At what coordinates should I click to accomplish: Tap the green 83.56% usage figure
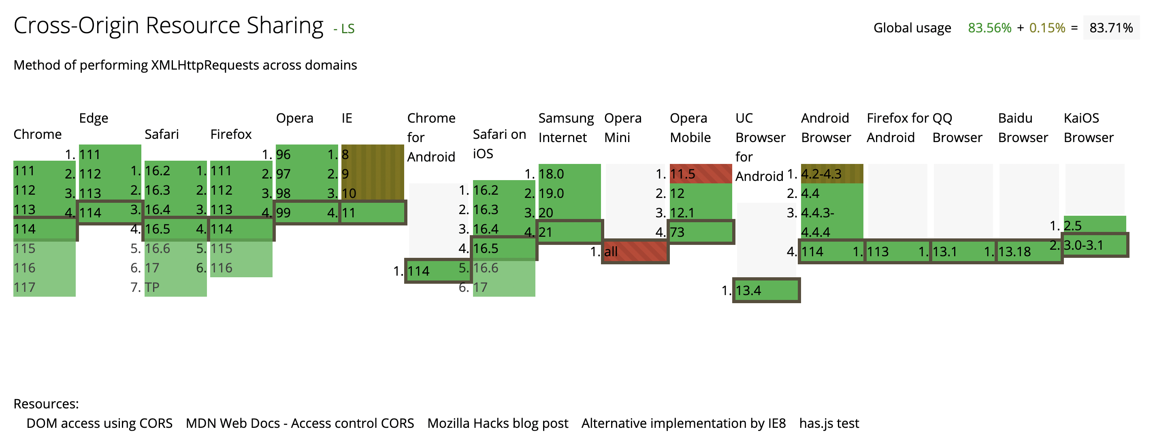click(x=989, y=28)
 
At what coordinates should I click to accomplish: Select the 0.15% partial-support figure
click(x=1046, y=28)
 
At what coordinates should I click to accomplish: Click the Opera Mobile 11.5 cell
click(x=700, y=174)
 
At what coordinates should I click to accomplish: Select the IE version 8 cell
click(x=372, y=154)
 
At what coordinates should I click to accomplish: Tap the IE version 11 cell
click(x=373, y=212)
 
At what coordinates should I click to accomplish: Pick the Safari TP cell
click(x=175, y=287)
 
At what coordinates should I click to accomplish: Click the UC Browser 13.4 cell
click(x=766, y=291)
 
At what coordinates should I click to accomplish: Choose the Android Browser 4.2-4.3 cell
click(x=832, y=174)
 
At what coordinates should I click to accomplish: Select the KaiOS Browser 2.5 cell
click(x=1095, y=225)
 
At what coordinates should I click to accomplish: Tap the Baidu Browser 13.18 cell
click(x=1029, y=251)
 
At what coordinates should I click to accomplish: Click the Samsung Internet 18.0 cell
click(x=569, y=174)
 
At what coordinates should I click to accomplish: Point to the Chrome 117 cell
click(x=44, y=287)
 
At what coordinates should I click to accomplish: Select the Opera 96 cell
click(x=307, y=154)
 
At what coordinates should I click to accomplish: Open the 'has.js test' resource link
click(x=829, y=423)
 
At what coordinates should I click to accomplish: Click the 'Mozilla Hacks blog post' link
click(x=497, y=423)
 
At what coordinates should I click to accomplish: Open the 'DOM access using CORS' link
click(x=99, y=423)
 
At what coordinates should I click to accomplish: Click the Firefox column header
click(x=231, y=134)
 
